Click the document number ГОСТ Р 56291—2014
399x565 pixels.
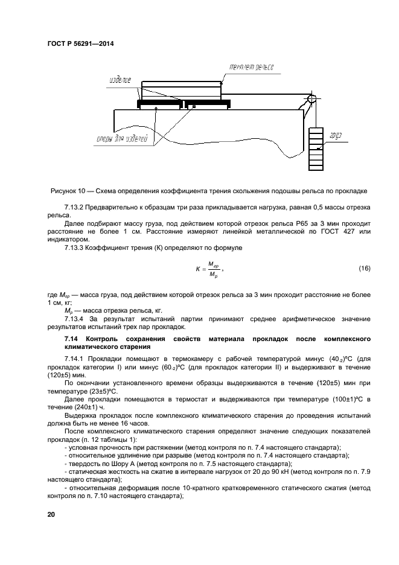click(80, 44)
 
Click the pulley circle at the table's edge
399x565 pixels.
click(311, 100)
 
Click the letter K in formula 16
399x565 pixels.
click(197, 269)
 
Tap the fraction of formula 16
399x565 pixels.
click(212, 269)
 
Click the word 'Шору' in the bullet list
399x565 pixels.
click(106, 464)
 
